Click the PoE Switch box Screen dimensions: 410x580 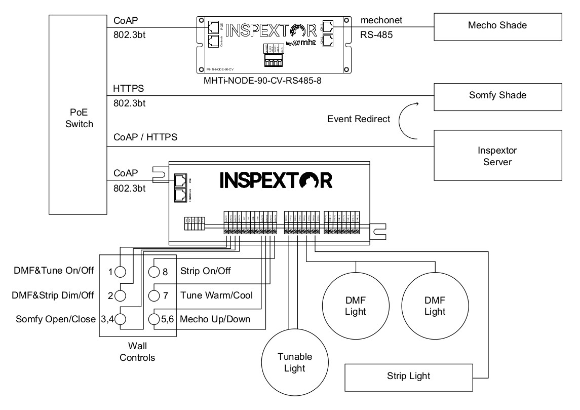(x=79, y=114)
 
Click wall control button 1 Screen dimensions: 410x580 (x=120, y=272)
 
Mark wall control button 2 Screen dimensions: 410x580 (x=120, y=295)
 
